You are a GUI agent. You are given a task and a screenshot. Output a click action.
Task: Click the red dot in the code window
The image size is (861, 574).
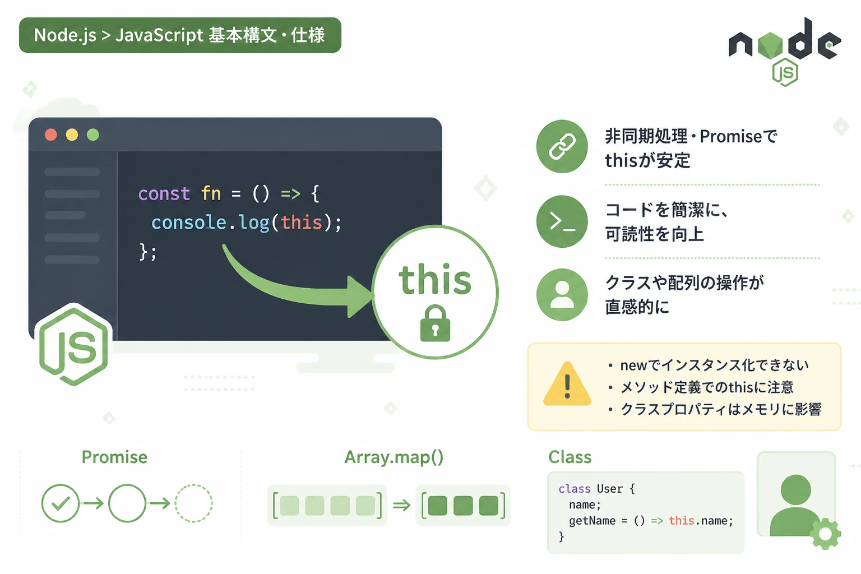(51, 135)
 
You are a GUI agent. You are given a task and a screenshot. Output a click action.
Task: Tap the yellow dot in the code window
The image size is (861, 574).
(72, 135)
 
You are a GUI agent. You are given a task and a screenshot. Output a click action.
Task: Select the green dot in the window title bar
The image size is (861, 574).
(93, 135)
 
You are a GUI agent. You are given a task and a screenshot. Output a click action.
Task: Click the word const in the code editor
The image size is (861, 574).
(164, 193)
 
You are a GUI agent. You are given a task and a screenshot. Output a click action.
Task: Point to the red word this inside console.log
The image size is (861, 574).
(302, 223)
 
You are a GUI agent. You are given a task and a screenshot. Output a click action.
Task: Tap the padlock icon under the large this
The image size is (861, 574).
(435, 323)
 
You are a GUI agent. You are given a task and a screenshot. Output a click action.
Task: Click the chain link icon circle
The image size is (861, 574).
(562, 146)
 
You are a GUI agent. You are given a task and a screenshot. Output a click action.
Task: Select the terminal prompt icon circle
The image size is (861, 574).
(562, 221)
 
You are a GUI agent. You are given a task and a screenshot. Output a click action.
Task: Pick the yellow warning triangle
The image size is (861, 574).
(567, 383)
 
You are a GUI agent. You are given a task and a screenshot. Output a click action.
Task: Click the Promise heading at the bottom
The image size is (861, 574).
(114, 457)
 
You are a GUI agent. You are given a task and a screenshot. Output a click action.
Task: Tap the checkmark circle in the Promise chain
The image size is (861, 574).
(61, 503)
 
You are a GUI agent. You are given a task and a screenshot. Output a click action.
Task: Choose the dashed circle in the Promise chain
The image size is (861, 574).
(194, 503)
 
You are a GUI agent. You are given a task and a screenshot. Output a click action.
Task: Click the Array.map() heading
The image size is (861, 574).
(394, 457)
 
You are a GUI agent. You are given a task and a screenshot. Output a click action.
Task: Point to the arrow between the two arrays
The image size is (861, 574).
(402, 505)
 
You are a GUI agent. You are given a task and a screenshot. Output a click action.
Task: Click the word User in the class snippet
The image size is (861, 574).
(610, 489)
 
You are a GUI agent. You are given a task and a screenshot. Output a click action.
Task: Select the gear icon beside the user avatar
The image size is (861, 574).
(825, 533)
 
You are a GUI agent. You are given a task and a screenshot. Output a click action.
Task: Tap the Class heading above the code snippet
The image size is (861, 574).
(570, 457)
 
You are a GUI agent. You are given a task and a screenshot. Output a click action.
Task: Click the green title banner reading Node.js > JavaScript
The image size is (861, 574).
(180, 35)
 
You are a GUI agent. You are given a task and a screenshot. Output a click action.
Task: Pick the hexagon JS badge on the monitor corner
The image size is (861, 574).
(73, 345)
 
